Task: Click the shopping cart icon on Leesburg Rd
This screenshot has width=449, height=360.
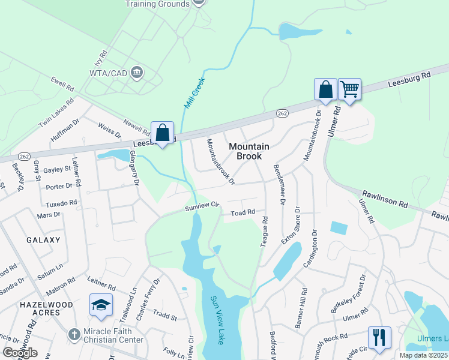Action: click(x=349, y=89)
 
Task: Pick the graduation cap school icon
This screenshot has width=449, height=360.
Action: click(x=101, y=304)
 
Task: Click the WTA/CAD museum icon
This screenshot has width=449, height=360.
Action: click(x=137, y=73)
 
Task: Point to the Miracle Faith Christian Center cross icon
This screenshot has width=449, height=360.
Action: click(x=73, y=334)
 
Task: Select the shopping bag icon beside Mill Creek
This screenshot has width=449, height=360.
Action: click(x=163, y=131)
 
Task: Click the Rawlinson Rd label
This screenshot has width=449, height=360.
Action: click(x=384, y=200)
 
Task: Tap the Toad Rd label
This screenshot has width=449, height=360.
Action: click(x=243, y=212)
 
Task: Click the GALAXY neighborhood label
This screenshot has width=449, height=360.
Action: click(x=43, y=240)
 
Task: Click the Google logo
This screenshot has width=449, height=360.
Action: click(x=19, y=352)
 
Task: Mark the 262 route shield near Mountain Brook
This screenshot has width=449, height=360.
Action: click(x=283, y=113)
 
